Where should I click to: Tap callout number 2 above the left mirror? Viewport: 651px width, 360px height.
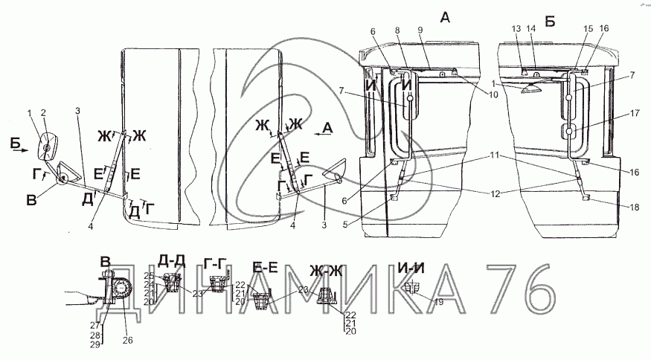tap(43, 113)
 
